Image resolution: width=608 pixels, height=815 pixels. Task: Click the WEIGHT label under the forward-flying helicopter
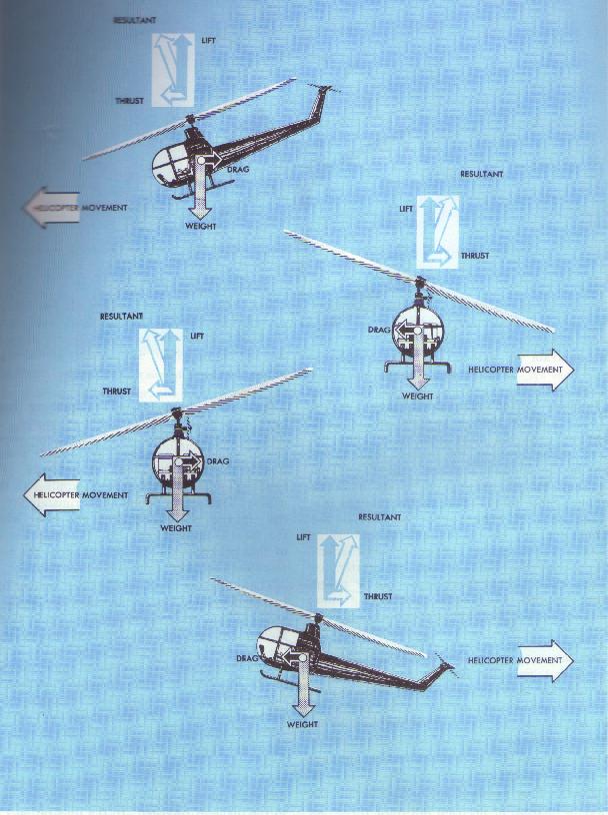coord(200,226)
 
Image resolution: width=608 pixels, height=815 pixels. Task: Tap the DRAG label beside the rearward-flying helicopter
coord(247,658)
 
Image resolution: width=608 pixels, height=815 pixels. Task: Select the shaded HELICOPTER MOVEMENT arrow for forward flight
coord(50,208)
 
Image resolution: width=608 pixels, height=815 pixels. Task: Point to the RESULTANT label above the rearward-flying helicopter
coord(379,517)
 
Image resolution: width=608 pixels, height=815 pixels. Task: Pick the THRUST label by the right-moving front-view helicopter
coord(475,256)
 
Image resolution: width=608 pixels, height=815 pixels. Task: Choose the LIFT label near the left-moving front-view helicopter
coord(197,337)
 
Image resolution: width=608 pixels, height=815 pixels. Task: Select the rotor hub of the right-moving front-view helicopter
coord(419,284)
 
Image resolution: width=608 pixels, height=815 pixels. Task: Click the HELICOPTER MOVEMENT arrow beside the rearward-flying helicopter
coord(545,660)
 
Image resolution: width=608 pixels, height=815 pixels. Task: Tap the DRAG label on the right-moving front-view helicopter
coord(378,330)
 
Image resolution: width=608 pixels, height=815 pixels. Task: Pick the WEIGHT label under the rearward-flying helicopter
coord(302,724)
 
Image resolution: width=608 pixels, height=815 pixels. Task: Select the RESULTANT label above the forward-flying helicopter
coord(134,20)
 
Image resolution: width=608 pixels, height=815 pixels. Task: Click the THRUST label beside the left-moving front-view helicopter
coord(117,391)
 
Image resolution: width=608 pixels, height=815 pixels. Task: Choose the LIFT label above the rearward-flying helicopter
coord(303,537)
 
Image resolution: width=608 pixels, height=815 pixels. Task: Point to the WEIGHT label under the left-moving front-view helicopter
coord(176,528)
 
